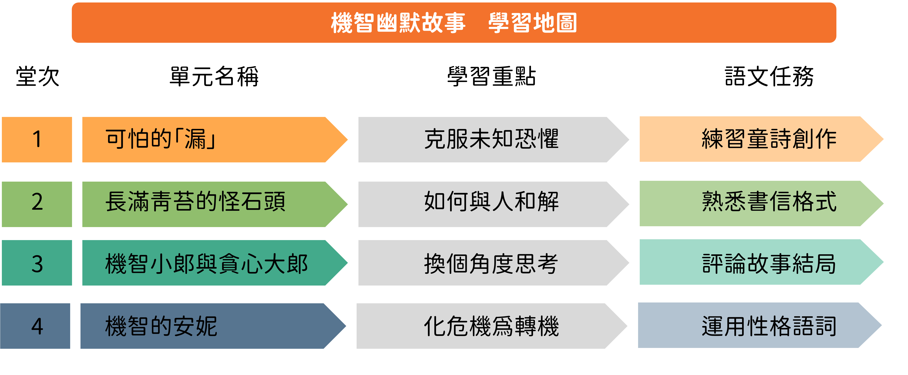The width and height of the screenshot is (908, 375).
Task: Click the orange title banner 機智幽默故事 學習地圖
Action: click(454, 23)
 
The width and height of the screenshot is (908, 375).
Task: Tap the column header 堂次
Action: click(38, 76)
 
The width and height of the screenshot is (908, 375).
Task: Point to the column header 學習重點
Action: click(491, 76)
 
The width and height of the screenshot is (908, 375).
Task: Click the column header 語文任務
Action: click(769, 76)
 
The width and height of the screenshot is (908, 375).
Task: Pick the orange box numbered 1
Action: click(37, 139)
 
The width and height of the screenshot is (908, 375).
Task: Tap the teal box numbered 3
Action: click(37, 263)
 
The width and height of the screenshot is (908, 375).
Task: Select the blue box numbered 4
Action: click(35, 326)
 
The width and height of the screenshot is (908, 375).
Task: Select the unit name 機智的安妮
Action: click(161, 326)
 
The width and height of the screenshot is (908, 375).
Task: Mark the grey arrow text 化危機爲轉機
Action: click(491, 326)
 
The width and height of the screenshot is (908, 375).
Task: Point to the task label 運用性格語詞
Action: click(769, 326)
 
